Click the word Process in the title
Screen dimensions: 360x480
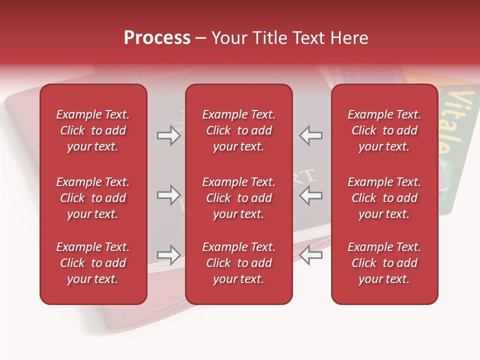tap(157, 38)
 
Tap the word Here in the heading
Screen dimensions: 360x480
tap(349, 38)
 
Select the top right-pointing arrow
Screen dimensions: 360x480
tap(168, 135)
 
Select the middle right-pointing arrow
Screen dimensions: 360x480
tap(168, 195)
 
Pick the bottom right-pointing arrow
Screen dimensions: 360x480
tap(168, 255)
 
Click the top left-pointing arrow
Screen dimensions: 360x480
tap(311, 135)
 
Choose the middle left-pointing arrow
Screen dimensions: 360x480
tap(311, 195)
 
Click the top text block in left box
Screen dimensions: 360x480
tap(93, 130)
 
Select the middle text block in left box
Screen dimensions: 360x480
tap(93, 198)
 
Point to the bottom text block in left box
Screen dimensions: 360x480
tap(93, 263)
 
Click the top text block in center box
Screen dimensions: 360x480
tap(239, 130)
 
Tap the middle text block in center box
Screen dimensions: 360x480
tap(239, 198)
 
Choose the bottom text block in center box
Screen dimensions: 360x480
tap(239, 263)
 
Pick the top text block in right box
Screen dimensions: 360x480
tap(384, 130)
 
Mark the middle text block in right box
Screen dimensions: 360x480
tap(384, 198)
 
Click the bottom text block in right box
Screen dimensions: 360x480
tap(384, 263)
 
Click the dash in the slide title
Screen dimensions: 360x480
tap(201, 38)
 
